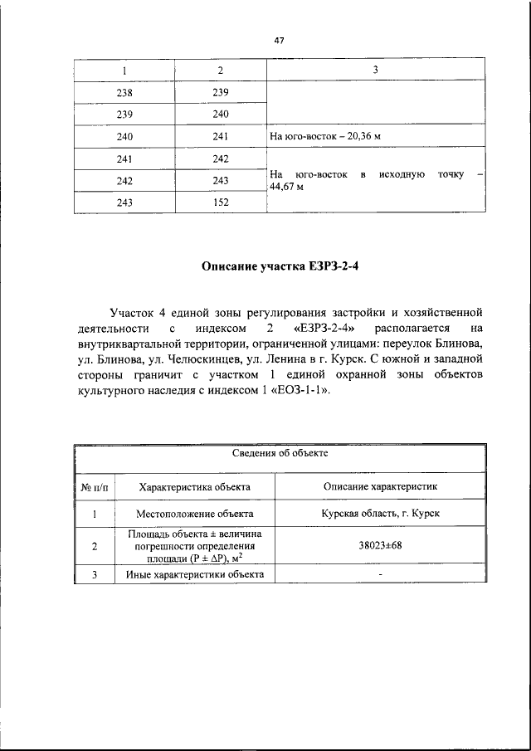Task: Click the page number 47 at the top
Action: pos(279,40)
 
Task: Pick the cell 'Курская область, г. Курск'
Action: pos(381,514)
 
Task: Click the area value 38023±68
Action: pos(381,547)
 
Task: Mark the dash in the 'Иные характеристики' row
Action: pos(381,574)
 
